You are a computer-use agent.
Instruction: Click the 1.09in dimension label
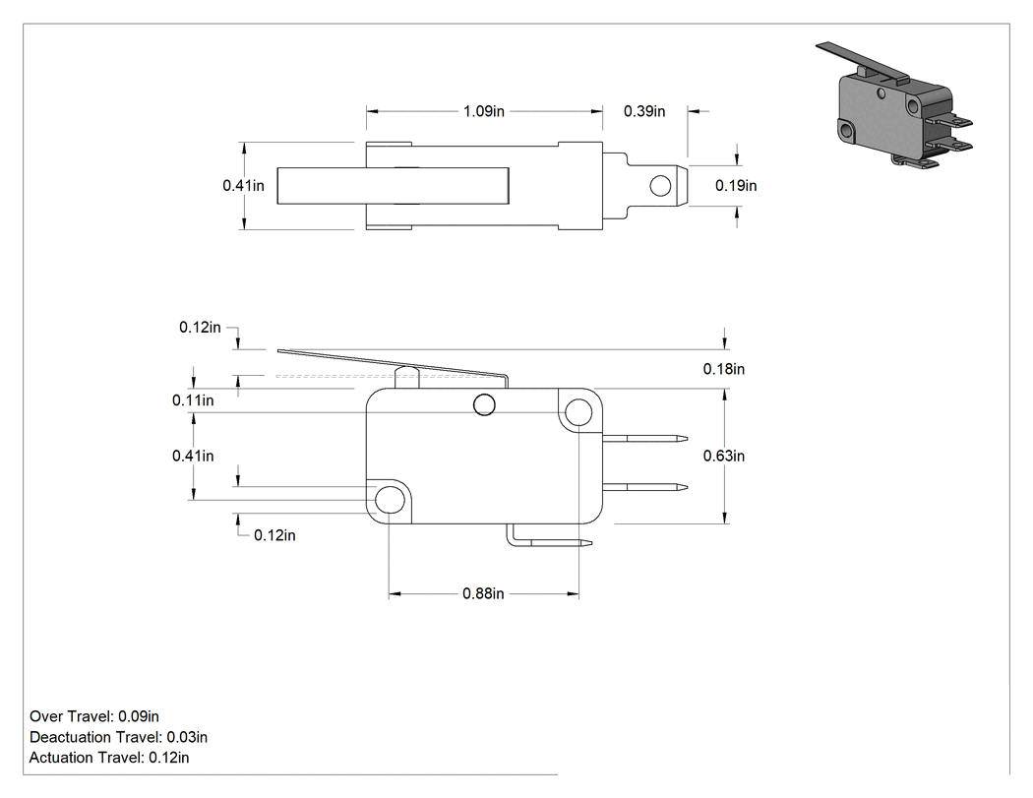click(484, 111)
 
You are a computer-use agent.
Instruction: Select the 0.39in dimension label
click(644, 111)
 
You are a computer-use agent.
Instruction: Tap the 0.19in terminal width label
click(736, 186)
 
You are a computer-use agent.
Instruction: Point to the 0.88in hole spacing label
click(483, 593)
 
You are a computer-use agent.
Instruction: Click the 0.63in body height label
click(723, 456)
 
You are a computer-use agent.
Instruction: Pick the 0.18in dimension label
click(723, 369)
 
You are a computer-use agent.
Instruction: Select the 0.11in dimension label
click(193, 400)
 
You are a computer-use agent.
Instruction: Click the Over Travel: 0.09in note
click(94, 716)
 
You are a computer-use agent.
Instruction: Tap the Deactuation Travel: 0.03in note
click(119, 737)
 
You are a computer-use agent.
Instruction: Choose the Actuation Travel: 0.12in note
click(109, 758)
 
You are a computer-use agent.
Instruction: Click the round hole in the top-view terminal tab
click(660, 187)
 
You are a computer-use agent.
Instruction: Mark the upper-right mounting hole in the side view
click(579, 412)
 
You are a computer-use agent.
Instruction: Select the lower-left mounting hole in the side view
click(390, 500)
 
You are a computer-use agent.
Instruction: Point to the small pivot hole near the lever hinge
click(484, 404)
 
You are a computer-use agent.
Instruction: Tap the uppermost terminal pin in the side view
click(645, 438)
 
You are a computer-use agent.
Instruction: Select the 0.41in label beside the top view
click(243, 186)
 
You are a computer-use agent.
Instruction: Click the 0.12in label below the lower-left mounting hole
click(274, 535)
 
